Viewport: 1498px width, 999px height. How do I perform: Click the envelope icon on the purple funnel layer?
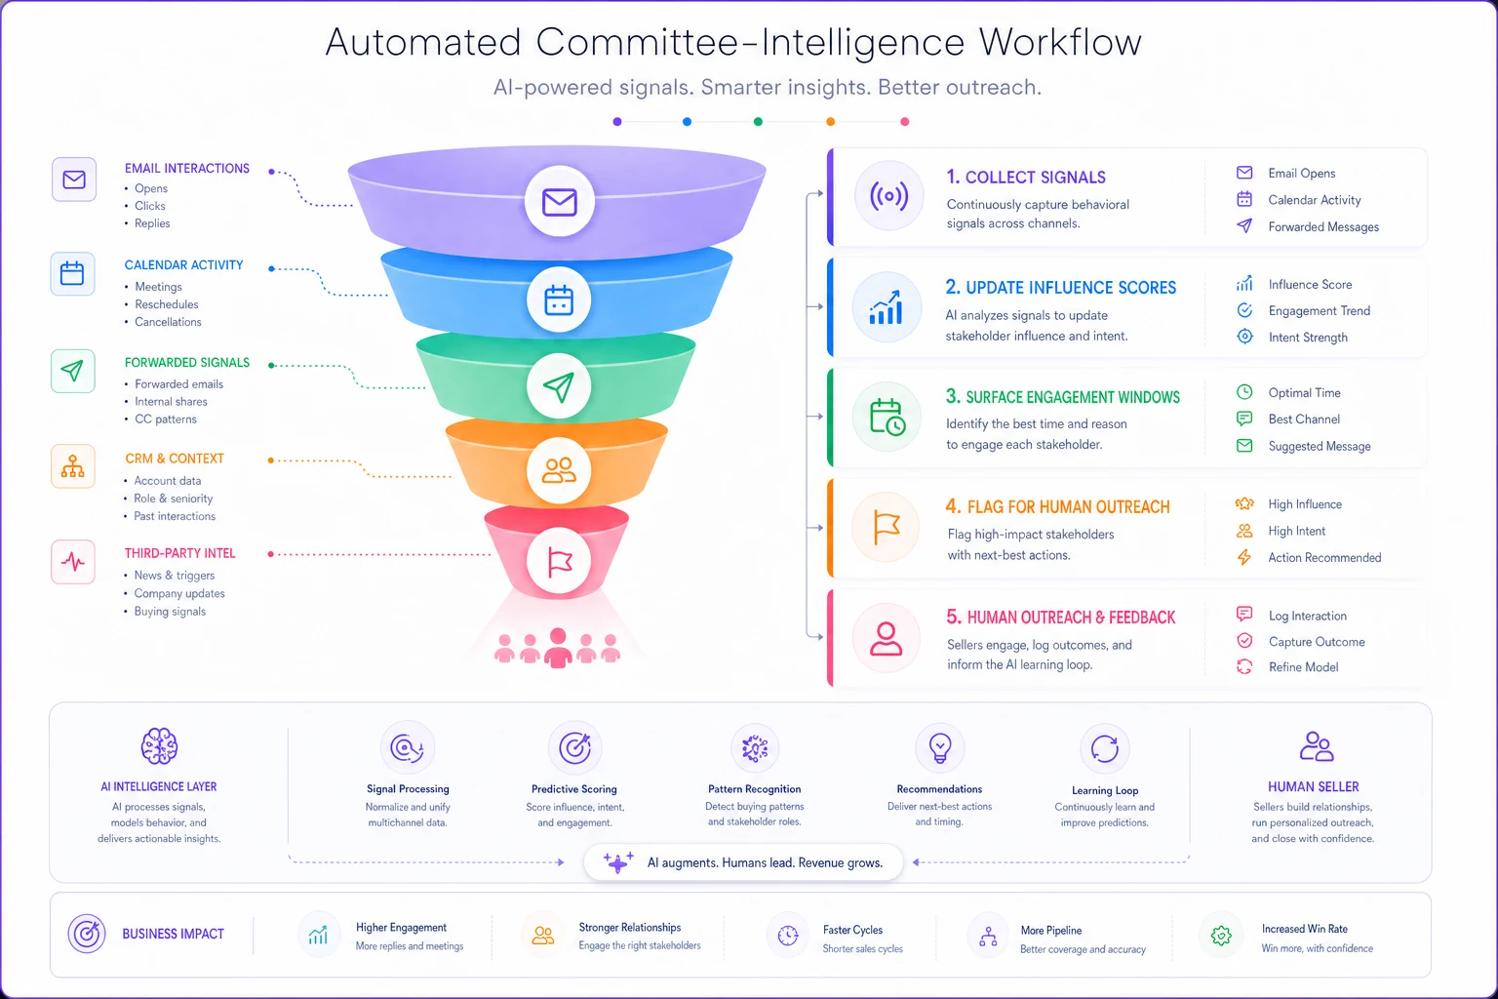(560, 202)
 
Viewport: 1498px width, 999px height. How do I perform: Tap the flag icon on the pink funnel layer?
(559, 562)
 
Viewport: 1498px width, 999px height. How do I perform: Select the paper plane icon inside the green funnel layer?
(559, 386)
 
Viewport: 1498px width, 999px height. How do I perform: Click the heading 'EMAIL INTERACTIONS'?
(186, 169)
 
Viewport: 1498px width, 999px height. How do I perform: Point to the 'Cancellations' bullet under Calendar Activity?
(168, 322)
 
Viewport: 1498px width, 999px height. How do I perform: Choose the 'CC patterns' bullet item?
(166, 420)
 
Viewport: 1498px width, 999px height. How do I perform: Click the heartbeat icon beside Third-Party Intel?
(73, 562)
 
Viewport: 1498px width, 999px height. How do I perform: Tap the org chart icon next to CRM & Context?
(73, 466)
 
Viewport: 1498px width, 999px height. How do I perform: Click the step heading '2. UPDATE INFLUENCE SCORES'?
(1061, 288)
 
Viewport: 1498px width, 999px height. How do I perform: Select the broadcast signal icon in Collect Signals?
(888, 196)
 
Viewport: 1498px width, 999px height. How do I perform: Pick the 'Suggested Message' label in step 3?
(1320, 446)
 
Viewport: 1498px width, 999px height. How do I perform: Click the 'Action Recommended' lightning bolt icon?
(1243, 557)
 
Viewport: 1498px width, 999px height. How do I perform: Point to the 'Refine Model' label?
(1303, 667)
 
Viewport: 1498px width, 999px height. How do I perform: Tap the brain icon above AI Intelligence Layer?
(159, 746)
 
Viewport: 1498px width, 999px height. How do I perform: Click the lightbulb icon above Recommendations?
(939, 748)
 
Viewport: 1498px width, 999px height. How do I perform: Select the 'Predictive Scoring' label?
(573, 789)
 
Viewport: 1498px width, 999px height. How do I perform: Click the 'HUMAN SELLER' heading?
(1314, 787)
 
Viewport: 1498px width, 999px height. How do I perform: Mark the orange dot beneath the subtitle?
(831, 122)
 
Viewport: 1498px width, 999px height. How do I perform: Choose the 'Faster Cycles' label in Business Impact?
(852, 930)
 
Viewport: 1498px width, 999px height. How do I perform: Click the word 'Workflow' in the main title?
(1061, 42)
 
